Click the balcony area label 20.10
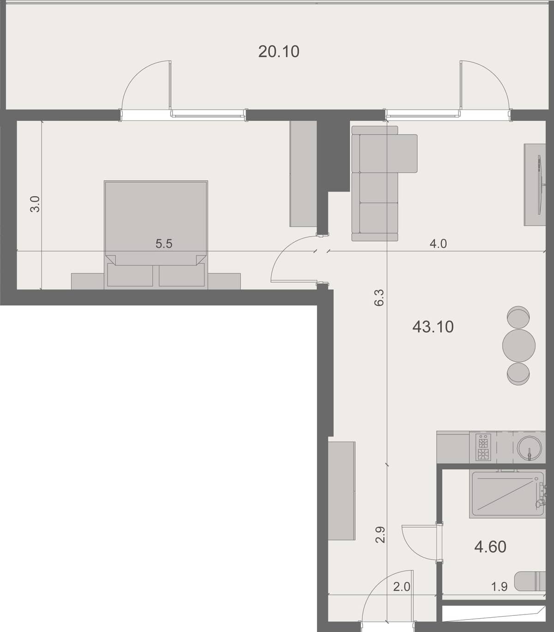click(x=279, y=52)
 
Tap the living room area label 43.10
click(x=433, y=327)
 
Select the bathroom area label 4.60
click(x=490, y=547)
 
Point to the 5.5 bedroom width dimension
click(x=164, y=244)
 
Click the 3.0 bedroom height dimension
click(x=35, y=204)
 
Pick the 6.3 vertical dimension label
click(x=379, y=298)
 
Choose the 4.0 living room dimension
click(x=438, y=244)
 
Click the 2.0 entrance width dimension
click(x=402, y=587)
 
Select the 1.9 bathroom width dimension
click(x=500, y=587)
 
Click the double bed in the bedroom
click(x=156, y=226)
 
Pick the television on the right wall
click(x=539, y=185)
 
